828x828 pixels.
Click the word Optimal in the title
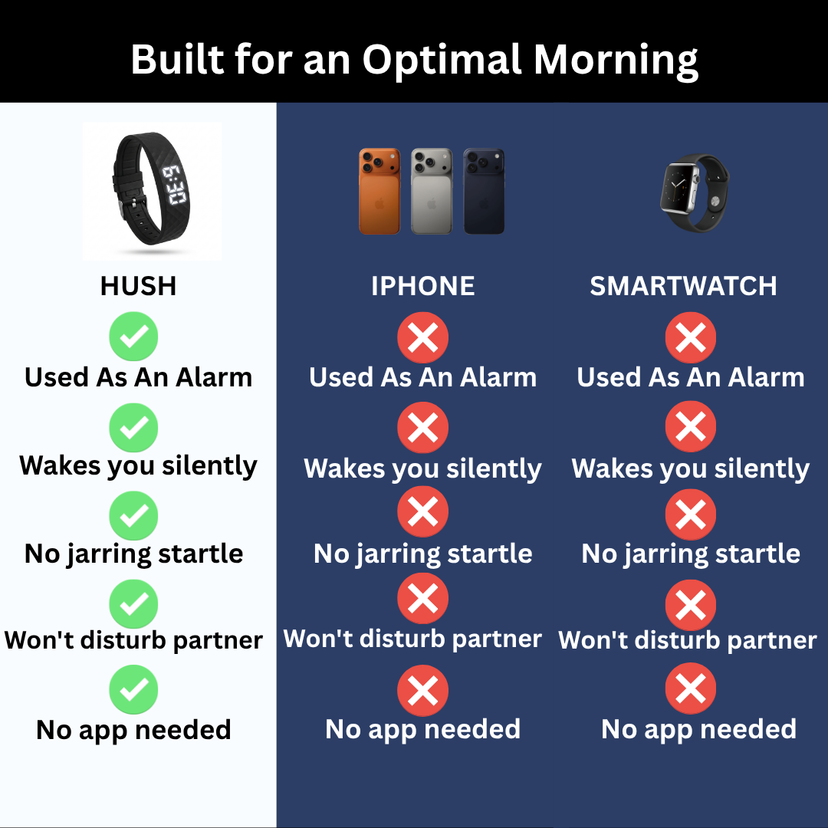pos(442,61)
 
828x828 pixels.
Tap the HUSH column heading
pos(138,286)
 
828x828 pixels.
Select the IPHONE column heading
pos(423,286)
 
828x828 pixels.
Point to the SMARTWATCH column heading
pos(683,286)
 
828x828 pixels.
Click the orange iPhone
pos(379,191)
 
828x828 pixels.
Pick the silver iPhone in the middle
pos(432,191)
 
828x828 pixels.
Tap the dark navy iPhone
pos(484,191)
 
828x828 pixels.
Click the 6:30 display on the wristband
pos(174,186)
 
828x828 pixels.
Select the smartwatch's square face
pos(679,188)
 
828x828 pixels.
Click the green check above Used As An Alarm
pos(133,337)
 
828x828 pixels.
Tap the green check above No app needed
pos(133,689)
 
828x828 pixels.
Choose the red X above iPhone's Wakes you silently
pos(423,427)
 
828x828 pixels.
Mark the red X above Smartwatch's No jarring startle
pos(691,515)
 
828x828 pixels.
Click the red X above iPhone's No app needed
pos(423,690)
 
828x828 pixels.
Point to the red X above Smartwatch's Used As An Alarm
pos(691,337)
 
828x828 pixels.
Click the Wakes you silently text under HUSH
pos(138,467)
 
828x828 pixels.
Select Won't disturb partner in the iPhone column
pos(412,639)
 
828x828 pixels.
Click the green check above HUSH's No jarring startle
pos(133,515)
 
